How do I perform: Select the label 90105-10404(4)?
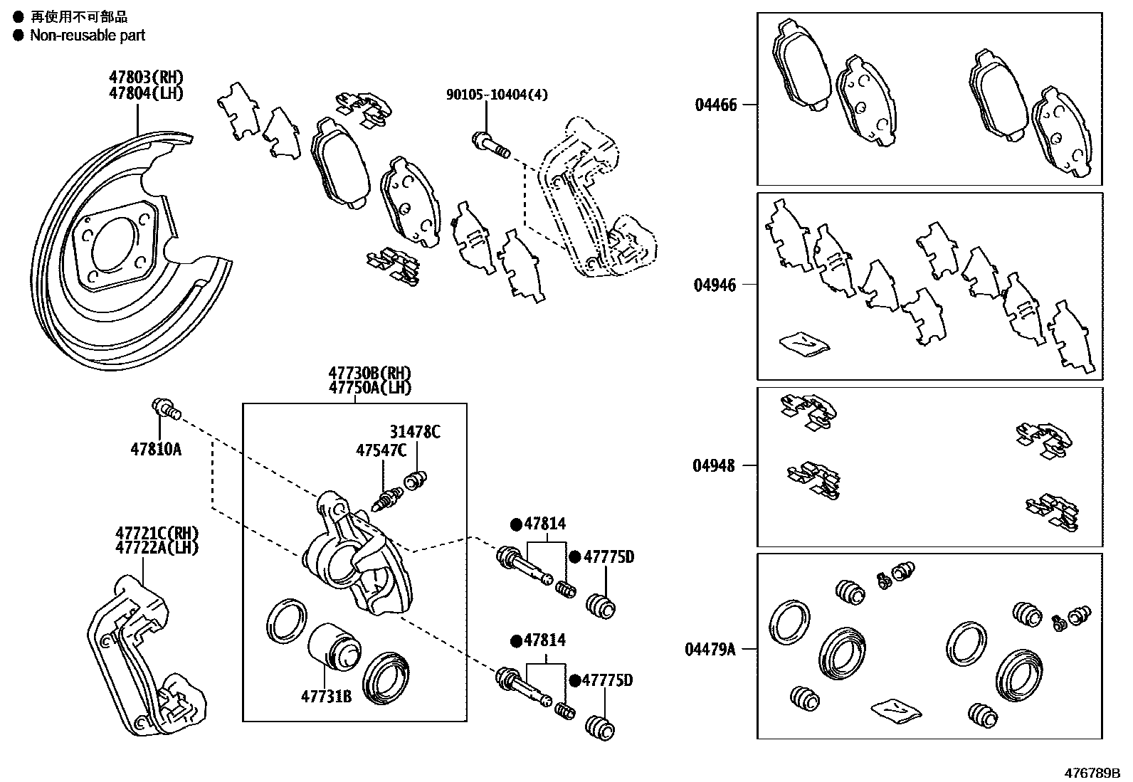(497, 95)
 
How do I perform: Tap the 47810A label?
(156, 449)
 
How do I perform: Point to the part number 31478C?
(414, 431)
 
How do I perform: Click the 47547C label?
(381, 450)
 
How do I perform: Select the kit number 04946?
(715, 285)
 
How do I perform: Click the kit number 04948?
(715, 466)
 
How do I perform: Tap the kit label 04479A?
(710, 649)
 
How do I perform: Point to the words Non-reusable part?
(87, 36)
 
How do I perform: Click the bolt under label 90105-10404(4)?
(490, 144)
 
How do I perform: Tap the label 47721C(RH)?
(157, 534)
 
